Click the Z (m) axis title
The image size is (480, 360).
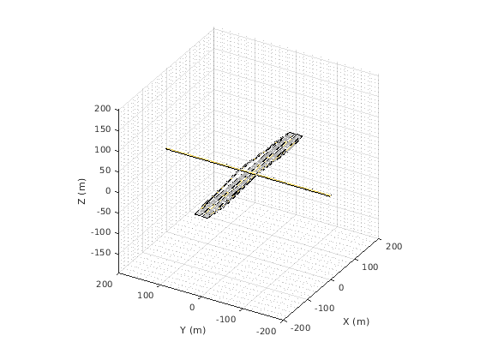(x=82, y=191)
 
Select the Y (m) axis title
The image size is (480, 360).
(x=193, y=330)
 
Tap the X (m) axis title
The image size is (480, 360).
(x=356, y=321)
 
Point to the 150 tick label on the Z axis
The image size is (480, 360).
(x=103, y=129)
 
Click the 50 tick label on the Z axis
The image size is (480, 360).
(x=105, y=171)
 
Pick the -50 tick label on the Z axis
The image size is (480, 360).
(x=103, y=212)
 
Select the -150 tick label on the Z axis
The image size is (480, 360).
(x=101, y=253)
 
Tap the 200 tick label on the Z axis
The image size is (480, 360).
(x=103, y=109)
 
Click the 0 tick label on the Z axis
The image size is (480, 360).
(x=108, y=191)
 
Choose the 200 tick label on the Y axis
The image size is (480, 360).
(x=105, y=285)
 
